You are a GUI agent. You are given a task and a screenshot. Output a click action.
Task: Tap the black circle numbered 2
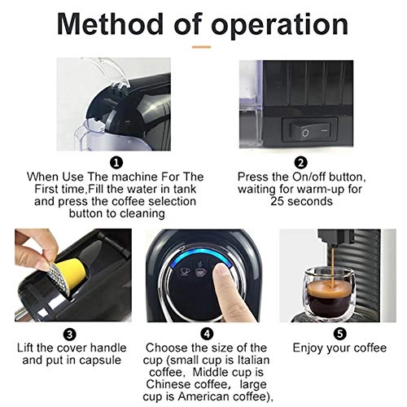tap(300, 162)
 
